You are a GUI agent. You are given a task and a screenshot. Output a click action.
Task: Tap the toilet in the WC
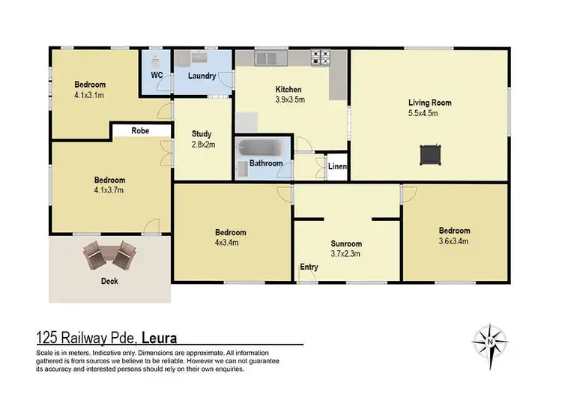click(157, 60)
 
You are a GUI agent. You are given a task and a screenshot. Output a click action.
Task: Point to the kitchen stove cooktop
click(321, 55)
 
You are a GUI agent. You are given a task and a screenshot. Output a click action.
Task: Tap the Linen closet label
click(337, 166)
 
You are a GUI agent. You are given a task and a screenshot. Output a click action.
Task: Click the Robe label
click(140, 130)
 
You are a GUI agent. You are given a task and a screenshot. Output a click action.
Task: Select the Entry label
click(309, 267)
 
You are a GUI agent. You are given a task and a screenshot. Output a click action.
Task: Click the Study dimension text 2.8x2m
click(200, 145)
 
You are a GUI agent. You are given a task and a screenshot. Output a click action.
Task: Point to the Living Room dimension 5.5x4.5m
click(429, 114)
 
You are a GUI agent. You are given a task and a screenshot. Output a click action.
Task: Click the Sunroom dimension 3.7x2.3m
click(346, 255)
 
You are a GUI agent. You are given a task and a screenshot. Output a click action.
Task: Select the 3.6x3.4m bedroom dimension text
click(454, 242)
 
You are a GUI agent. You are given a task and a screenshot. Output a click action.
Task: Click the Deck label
click(109, 282)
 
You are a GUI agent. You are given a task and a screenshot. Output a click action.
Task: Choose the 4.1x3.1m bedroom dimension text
click(89, 96)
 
